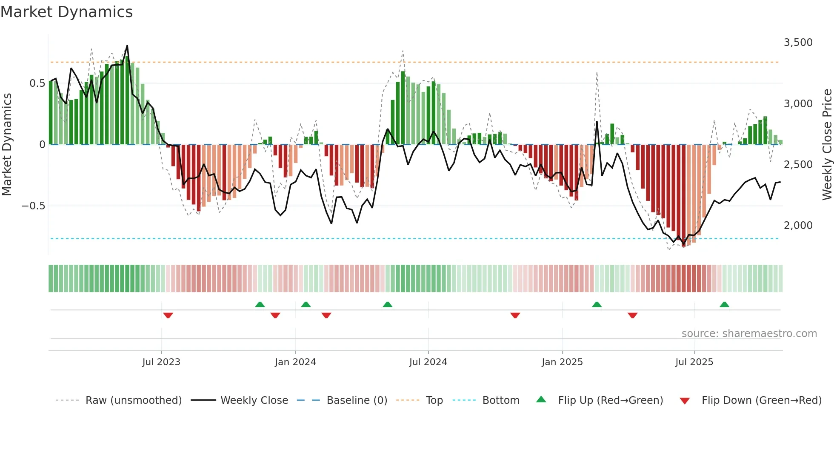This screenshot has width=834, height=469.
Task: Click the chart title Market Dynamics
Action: click(67, 12)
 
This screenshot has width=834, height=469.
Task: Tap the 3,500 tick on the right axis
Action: click(798, 43)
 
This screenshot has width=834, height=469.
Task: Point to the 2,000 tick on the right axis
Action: click(798, 226)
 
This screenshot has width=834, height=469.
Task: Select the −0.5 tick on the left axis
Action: click(33, 206)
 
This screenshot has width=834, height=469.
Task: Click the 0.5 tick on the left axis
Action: click(37, 83)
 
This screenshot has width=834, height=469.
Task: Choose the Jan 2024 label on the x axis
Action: click(295, 362)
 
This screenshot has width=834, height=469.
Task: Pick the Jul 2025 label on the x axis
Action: click(694, 362)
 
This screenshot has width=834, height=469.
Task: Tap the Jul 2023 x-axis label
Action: click(161, 362)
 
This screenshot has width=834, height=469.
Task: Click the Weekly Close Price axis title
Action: click(827, 144)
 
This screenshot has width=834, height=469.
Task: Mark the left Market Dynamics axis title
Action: click(7, 144)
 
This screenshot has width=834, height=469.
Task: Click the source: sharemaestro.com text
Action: click(749, 334)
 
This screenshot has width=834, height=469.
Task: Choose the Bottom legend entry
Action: click(500, 400)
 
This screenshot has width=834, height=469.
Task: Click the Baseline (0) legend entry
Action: click(357, 400)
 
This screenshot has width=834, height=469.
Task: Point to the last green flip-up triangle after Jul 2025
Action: click(724, 304)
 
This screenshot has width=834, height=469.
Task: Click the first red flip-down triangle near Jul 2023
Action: click(168, 315)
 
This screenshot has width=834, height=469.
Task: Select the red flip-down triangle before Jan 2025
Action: click(515, 315)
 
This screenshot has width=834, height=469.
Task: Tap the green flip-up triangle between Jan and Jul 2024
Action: click(387, 304)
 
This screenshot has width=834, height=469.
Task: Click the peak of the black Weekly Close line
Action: click(127, 46)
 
